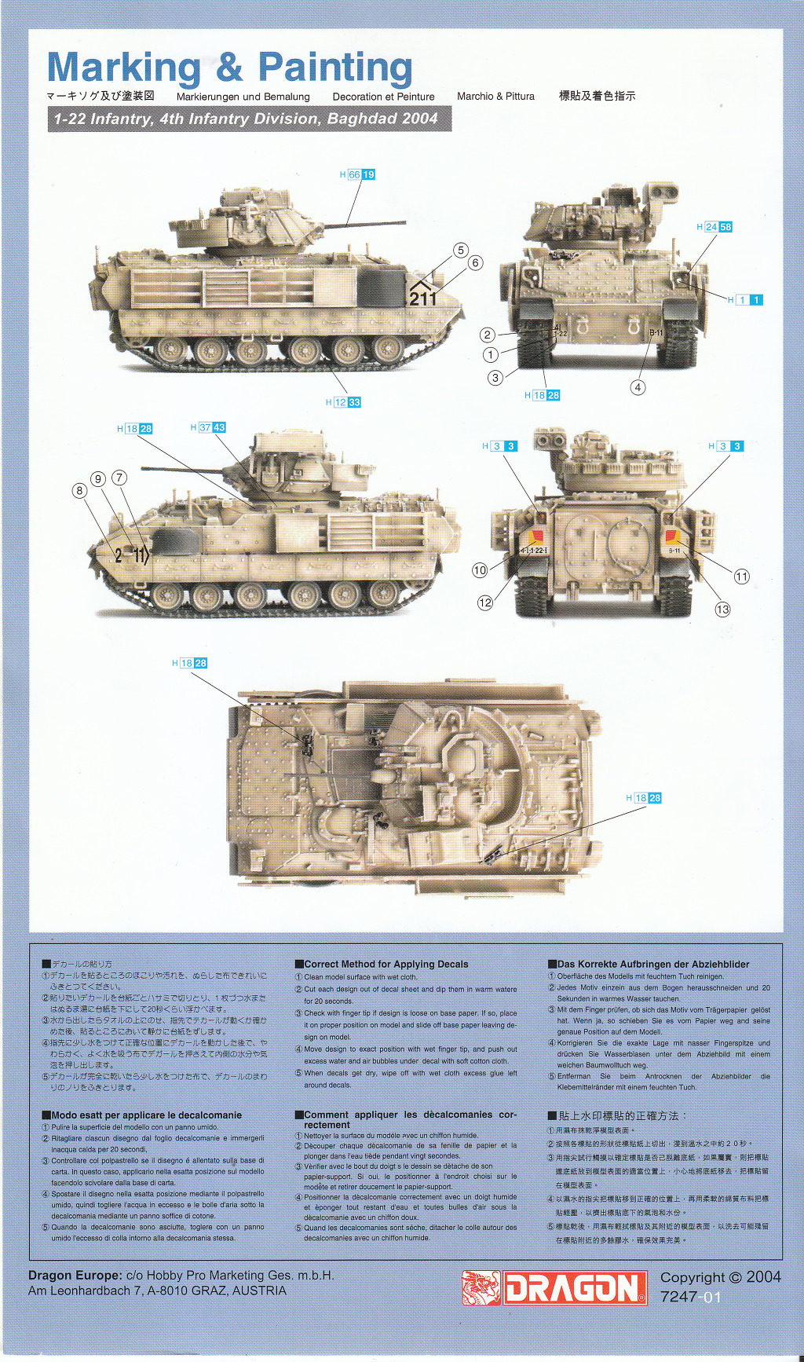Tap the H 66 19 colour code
[357, 174]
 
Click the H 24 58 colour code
[714, 227]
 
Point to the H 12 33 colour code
[343, 402]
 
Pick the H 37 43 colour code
[208, 427]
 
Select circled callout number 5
[461, 250]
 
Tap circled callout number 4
[638, 387]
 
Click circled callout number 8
[79, 491]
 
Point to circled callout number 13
[722, 609]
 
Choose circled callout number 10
[480, 570]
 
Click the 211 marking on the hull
[422, 298]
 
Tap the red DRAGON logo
[575, 1288]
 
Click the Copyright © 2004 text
[720, 1277]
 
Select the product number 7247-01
[690, 1297]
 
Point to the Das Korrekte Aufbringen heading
[652, 964]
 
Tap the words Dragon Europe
[75, 1276]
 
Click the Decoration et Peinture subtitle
[383, 97]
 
